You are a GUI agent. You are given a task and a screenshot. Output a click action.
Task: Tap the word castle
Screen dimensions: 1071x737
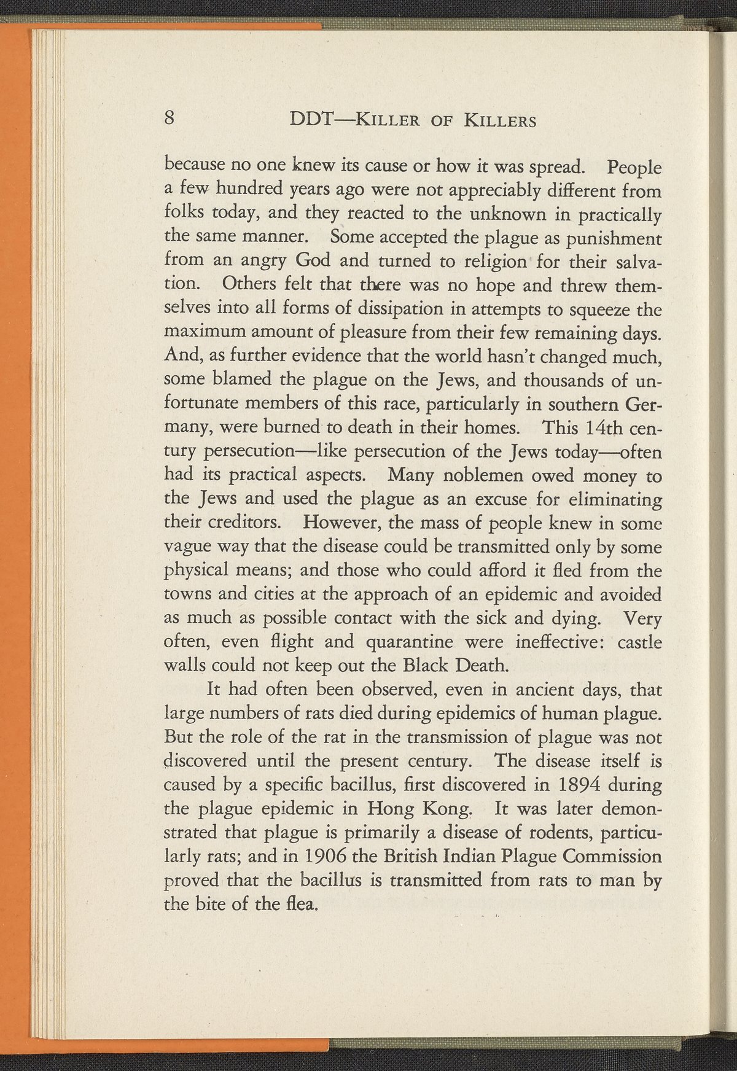639,642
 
